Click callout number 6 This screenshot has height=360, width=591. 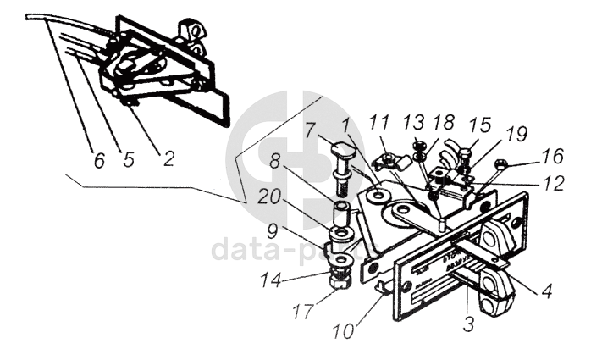(x=99, y=159)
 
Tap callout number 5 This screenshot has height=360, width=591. (x=129, y=159)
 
